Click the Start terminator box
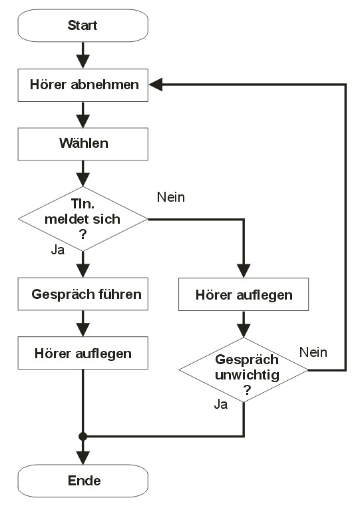click(83, 25)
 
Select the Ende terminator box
click(83, 481)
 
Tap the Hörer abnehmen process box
click(83, 85)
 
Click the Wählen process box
click(83, 144)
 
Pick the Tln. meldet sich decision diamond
click(83, 219)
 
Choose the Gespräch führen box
click(83, 294)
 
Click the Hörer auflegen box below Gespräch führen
click(83, 353)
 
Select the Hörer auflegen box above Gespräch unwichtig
click(244, 294)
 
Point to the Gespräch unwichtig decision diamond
click(244, 370)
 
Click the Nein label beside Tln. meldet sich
click(171, 197)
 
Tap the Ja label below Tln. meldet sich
click(58, 250)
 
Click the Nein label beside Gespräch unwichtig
click(313, 352)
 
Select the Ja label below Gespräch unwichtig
click(221, 404)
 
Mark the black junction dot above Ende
click(83, 436)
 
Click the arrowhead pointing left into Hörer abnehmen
click(156, 85)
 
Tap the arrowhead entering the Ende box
click(83, 457)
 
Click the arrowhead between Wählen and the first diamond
click(83, 180)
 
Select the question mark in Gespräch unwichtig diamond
click(248, 389)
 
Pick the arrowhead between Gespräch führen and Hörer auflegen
click(83, 330)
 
